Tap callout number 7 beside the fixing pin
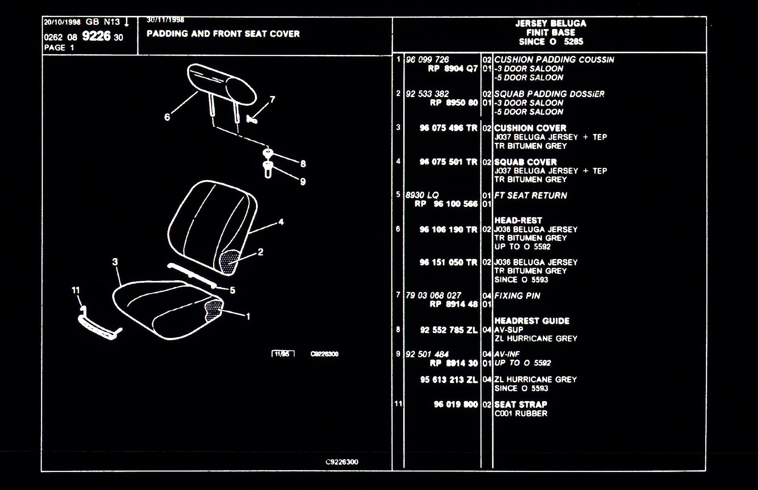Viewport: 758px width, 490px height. [x=272, y=100]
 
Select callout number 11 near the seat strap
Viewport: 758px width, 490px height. [x=76, y=290]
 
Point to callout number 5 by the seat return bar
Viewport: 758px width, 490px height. [x=233, y=290]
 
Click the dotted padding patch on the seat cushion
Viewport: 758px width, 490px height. [x=213, y=310]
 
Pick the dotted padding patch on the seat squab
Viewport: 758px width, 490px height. [x=229, y=261]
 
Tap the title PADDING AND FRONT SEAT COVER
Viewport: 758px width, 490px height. [x=223, y=34]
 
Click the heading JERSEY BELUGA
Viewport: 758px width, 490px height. [x=551, y=23]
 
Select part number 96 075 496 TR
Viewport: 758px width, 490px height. [x=448, y=128]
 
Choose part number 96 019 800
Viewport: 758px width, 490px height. [x=456, y=404]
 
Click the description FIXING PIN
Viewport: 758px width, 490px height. [x=517, y=295]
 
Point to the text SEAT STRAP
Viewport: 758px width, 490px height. [x=520, y=404]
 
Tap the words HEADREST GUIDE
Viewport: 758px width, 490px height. [x=532, y=321]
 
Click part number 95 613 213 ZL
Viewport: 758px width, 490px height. [x=449, y=379]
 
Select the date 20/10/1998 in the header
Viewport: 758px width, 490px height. [x=62, y=22]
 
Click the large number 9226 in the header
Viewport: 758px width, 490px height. [x=96, y=36]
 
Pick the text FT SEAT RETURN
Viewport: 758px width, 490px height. [x=530, y=195]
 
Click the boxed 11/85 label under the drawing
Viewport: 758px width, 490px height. [x=283, y=354]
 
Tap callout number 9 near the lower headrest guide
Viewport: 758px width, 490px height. [x=303, y=181]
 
